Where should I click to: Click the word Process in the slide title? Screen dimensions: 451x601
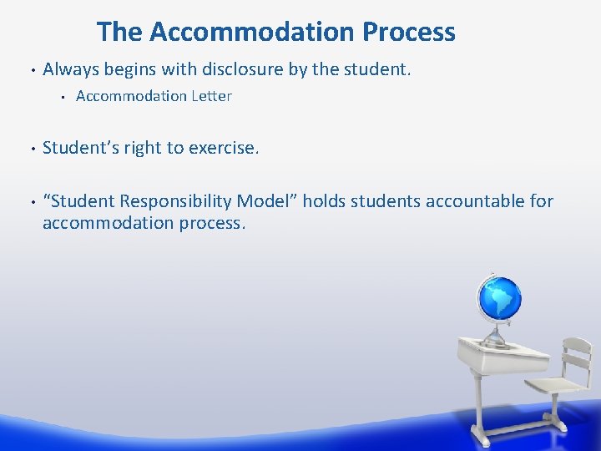409,32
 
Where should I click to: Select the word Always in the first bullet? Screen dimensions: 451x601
70,68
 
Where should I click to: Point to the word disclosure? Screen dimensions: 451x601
241,68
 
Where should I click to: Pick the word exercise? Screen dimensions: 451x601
224,149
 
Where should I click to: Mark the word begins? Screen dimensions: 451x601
129,69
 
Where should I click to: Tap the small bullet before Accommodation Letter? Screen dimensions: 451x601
63,97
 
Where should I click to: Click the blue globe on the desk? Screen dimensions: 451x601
498,299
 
